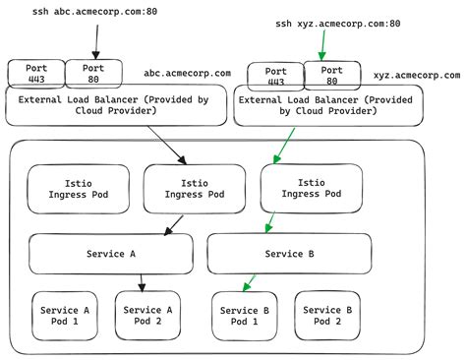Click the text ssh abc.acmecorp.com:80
tap(87, 14)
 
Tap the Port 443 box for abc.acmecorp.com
tap(35, 73)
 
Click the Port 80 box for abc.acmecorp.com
tap(94, 73)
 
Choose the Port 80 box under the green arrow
tap(333, 76)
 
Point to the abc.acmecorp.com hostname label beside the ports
tap(187, 73)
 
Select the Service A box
tap(110, 254)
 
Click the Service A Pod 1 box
tap(65, 315)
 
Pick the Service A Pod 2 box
tap(148, 315)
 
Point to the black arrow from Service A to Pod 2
tap(143, 283)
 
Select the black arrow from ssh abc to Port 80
tap(95, 41)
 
